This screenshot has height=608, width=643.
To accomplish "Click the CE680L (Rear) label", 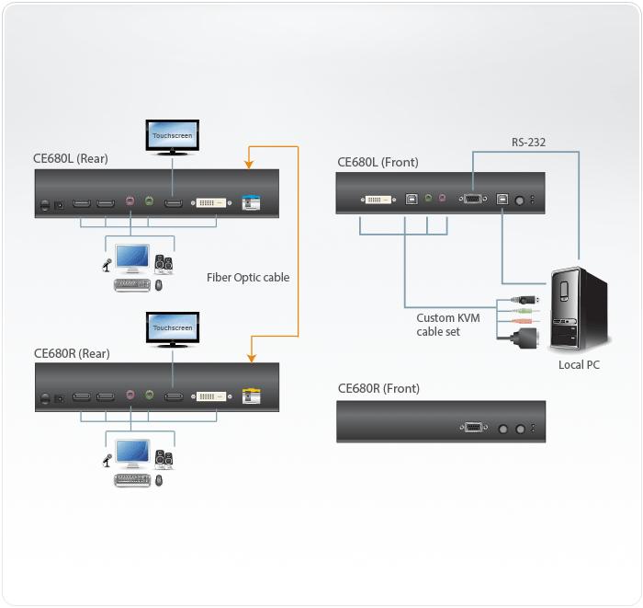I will pos(71,158).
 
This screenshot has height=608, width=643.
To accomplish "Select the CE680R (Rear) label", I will pos(72,352).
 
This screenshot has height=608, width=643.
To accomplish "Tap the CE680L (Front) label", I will pos(378,162).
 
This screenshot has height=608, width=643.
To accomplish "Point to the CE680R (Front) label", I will pos(378,388).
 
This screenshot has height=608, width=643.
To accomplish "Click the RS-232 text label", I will pos(530,142).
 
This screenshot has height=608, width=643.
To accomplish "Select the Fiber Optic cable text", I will pos(248,277).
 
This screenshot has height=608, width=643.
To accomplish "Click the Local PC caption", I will pos(580,365).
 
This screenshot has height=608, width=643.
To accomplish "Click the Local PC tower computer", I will pos(577,308).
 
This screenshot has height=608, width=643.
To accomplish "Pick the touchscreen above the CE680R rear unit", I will pos(172,327).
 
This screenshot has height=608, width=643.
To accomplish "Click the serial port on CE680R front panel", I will pos(472,427).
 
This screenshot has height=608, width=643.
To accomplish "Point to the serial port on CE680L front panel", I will pos(472,197).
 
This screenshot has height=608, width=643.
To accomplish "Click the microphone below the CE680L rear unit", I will pos(107,266).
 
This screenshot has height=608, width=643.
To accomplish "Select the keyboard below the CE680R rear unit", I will pos(130,479).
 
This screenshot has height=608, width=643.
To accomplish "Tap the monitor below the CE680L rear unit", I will pos(132,258).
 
